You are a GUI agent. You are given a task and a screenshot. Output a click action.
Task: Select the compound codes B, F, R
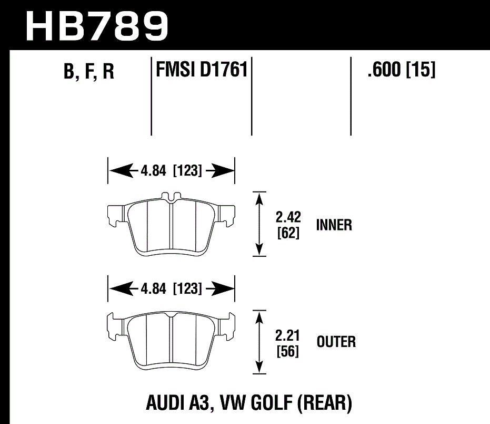pyautogui.click(x=88, y=72)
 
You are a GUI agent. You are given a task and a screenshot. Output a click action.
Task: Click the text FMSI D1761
pyautogui.click(x=202, y=69)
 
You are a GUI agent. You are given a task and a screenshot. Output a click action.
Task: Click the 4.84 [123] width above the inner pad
pyautogui.click(x=171, y=171)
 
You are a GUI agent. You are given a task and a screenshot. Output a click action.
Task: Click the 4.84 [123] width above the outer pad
pyautogui.click(x=171, y=289)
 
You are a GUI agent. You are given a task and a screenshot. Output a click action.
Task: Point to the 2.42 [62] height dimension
pyautogui.click(x=288, y=225)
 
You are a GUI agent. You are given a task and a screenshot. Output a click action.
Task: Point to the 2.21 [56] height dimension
pyautogui.click(x=287, y=343)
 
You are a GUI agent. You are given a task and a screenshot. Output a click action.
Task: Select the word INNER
pyautogui.click(x=334, y=225)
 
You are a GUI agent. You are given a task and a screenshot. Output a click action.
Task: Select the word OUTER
pyautogui.click(x=336, y=342)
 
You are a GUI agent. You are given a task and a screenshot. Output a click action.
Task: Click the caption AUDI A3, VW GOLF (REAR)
pyautogui.click(x=247, y=403)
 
